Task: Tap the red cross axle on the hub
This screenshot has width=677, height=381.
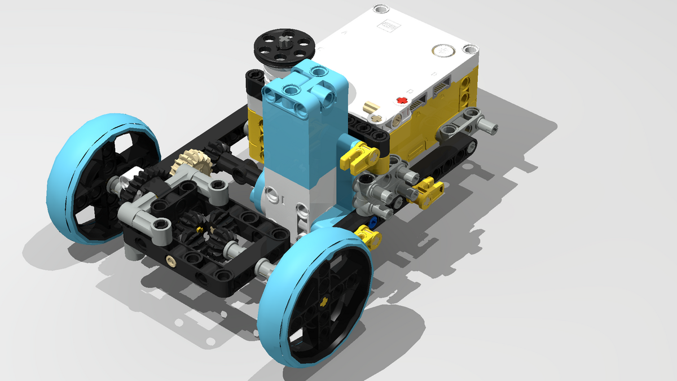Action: pos(402,100)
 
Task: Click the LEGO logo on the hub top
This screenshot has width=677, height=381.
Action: pos(388,25)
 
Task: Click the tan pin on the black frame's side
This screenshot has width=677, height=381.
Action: pos(169,259)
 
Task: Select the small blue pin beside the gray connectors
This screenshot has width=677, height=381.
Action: pos(372,221)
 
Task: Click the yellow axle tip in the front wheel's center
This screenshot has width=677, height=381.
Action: pos(324,301)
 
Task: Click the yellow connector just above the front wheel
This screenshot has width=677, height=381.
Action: pos(369,236)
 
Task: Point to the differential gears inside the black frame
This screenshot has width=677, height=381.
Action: pos(203,226)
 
